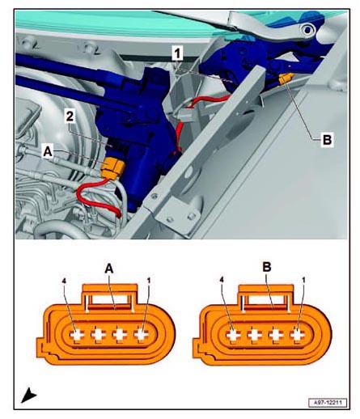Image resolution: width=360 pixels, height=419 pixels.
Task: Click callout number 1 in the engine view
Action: [177, 53]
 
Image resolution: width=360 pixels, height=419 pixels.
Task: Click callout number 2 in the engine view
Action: [70, 116]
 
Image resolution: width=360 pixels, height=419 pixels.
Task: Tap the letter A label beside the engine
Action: [48, 152]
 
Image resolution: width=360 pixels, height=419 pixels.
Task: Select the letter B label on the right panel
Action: [327, 140]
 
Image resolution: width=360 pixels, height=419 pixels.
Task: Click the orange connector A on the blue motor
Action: [112, 167]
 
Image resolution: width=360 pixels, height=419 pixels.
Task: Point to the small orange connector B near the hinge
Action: [286, 78]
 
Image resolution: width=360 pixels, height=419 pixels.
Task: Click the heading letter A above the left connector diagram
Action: [109, 269]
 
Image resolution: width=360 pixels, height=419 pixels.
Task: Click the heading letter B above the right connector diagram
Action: [266, 267]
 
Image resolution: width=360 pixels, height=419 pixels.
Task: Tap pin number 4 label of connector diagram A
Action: [64, 281]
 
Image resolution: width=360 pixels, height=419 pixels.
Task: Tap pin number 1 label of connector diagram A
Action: [149, 281]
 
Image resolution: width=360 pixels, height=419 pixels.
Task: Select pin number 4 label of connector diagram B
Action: [222, 281]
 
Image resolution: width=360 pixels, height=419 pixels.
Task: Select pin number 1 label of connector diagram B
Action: [303, 281]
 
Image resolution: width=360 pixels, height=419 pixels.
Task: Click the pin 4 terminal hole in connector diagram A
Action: [77, 335]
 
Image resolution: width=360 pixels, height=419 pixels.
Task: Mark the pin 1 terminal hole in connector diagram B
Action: [297, 335]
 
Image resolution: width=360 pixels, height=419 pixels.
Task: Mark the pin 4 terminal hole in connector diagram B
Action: [233, 335]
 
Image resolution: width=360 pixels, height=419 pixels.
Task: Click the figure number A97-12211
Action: [328, 403]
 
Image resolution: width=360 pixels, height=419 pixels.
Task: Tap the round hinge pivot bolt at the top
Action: [307, 30]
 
